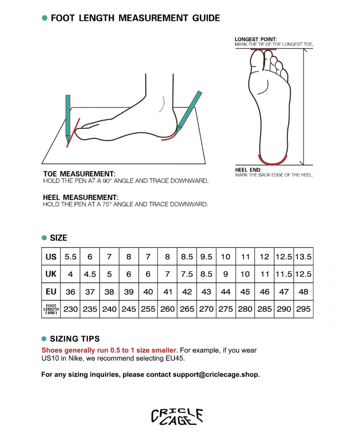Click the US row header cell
pyautogui.click(x=51, y=257)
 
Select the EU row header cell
pyautogui.click(x=51, y=292)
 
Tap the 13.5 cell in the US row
pyautogui.click(x=303, y=257)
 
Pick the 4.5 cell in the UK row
pyautogui.click(x=90, y=274)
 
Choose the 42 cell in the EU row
pyautogui.click(x=187, y=292)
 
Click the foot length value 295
pyautogui.click(x=303, y=309)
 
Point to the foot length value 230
pyautogui.click(x=71, y=309)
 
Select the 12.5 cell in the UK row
pyautogui.click(x=303, y=274)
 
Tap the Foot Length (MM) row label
pyautogui.click(x=51, y=309)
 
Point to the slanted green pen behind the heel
pyautogui.click(x=189, y=109)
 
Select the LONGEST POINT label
pyautogui.click(x=256, y=39)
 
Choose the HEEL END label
pyautogui.click(x=248, y=170)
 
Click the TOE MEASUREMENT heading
pyautogui.click(x=79, y=174)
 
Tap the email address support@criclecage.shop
pyautogui.click(x=216, y=374)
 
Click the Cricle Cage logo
pyautogui.click(x=177, y=416)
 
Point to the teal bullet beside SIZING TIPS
pyautogui.click(x=44, y=339)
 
